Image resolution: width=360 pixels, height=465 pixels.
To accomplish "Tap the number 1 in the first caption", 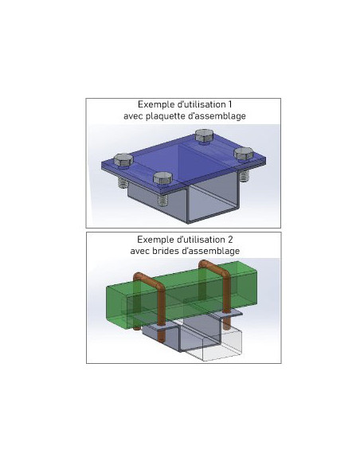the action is pos(229,104).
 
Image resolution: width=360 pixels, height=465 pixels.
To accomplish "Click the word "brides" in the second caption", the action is pos(165,251).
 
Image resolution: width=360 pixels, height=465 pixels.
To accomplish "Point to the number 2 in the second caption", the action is pos(230,240).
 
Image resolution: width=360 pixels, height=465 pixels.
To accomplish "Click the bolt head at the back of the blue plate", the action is pos(204,135).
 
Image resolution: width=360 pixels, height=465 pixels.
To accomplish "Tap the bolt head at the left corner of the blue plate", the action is pos(123,160).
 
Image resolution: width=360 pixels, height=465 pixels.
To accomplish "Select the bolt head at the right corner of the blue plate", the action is pos(244,154).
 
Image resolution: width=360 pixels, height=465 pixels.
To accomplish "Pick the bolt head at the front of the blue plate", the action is pos(162,178).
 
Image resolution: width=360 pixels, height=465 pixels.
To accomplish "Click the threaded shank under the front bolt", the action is pos(163,200).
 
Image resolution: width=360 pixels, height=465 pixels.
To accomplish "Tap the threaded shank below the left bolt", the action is pos(123,182).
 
